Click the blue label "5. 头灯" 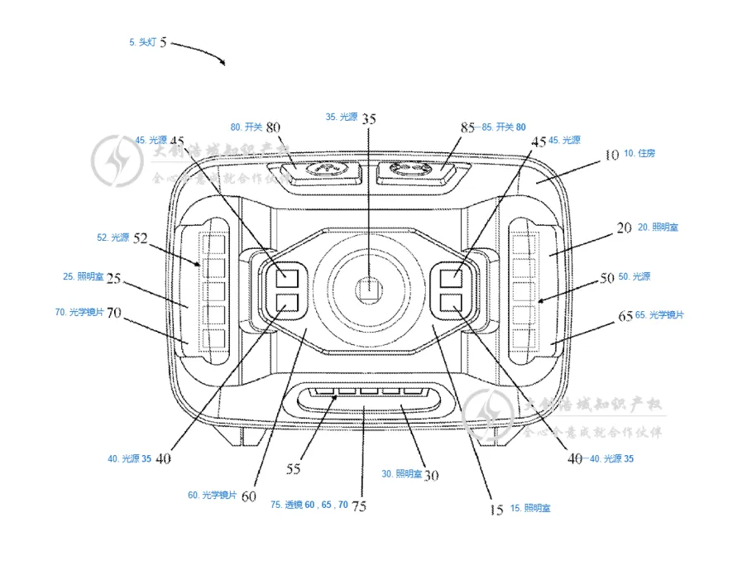pyautogui.click(x=142, y=41)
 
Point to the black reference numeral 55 pyautogui.click(x=293, y=468)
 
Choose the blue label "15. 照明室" pyautogui.click(x=529, y=508)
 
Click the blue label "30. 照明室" pyautogui.click(x=401, y=474)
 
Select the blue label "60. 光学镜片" pyautogui.click(x=212, y=495)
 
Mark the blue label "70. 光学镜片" pyautogui.click(x=78, y=312)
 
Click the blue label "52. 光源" pyautogui.click(x=113, y=237)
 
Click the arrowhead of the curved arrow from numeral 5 pyautogui.click(x=224, y=63)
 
